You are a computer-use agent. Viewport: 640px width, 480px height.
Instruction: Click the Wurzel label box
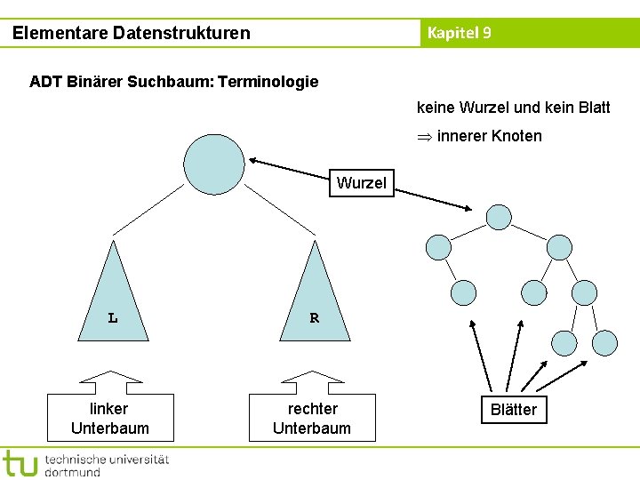click(x=361, y=183)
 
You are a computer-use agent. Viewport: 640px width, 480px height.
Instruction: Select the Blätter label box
click(x=514, y=409)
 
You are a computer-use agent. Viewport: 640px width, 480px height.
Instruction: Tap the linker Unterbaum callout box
click(x=110, y=419)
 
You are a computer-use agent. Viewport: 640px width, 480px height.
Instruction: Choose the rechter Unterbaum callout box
click(x=312, y=419)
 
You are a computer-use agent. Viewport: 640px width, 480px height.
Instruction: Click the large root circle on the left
click(x=213, y=164)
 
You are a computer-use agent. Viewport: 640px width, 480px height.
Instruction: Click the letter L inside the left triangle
click(x=113, y=317)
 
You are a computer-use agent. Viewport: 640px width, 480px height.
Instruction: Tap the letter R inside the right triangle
click(x=314, y=317)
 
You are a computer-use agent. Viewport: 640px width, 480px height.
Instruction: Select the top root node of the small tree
click(x=500, y=217)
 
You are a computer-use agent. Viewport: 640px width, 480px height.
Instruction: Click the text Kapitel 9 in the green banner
click(x=459, y=34)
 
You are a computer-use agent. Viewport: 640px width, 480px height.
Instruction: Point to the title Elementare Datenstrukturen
click(x=132, y=34)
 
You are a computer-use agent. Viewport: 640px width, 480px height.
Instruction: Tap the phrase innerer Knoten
click(x=489, y=136)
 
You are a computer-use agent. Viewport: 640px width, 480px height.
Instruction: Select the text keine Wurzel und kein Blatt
click(x=513, y=108)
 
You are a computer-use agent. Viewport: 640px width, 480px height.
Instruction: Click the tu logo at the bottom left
click(x=20, y=464)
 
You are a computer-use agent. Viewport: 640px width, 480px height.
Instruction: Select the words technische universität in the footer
click(x=106, y=459)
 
